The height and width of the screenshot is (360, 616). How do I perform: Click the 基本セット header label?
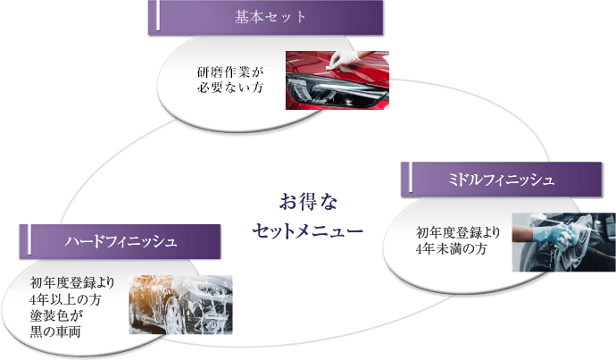click(x=270, y=17)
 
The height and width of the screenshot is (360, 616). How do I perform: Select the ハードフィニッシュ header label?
click(x=121, y=242)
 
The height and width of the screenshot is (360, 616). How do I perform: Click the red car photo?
click(x=337, y=80)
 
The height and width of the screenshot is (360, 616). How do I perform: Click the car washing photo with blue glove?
click(x=550, y=243)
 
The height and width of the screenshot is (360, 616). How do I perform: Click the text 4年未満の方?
click(x=452, y=250)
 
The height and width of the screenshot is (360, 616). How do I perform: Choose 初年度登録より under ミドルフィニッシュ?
click(x=458, y=233)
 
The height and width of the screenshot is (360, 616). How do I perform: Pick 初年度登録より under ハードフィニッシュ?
click(x=71, y=284)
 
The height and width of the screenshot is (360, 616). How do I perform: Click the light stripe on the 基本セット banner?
click(x=160, y=17)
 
